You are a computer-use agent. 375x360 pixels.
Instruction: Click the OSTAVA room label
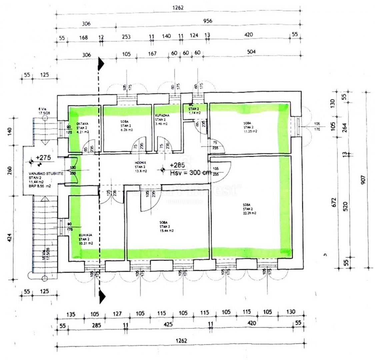coord(82,124)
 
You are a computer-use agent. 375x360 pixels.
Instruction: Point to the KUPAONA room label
coord(162,115)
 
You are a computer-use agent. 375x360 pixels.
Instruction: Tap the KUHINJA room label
coord(85,235)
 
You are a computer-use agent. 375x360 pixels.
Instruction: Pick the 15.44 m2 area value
coord(166,230)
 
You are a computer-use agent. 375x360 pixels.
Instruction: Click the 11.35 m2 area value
coord(250,131)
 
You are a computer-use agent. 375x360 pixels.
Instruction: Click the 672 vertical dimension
coord(334,202)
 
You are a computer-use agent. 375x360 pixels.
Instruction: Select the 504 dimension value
coord(252,52)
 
